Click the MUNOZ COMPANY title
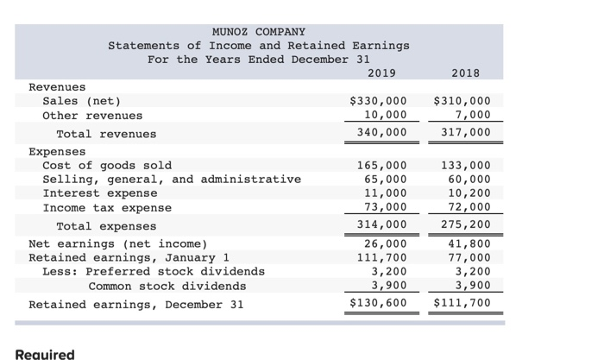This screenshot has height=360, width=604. click(259, 31)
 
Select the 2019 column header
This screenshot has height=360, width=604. click(382, 73)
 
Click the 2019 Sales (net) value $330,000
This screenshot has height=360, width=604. click(378, 101)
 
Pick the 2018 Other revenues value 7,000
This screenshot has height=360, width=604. click(472, 115)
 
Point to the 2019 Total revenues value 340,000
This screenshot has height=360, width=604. click(381, 133)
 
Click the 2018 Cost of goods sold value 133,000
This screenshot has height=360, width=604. click(465, 165)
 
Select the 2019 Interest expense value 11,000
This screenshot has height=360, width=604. click(385, 193)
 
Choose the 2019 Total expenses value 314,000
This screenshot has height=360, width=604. click(381, 226)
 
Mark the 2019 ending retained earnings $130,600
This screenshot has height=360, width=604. click(378, 304)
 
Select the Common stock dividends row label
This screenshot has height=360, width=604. click(167, 286)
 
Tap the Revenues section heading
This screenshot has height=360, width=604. click(57, 87)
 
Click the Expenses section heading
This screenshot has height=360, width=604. click(57, 151)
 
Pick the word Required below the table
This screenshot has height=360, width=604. click(45, 354)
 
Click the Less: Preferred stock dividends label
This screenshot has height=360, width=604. click(154, 271)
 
